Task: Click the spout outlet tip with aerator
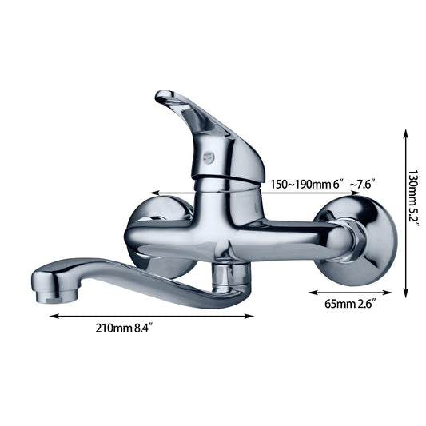[x=48, y=291]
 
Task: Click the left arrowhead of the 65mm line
[x=312, y=293]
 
